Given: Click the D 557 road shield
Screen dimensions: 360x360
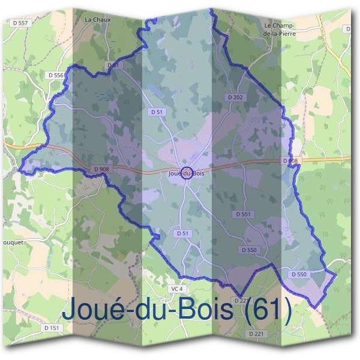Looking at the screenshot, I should tap(20, 23).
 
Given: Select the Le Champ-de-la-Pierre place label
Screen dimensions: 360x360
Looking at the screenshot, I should tap(280, 30).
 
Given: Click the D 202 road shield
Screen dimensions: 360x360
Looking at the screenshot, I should tap(235, 97).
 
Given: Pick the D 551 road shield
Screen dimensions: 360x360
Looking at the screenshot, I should tap(244, 214).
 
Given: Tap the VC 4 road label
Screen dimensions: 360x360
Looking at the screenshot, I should tap(176, 289).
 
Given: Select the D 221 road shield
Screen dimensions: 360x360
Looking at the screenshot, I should tap(256, 333).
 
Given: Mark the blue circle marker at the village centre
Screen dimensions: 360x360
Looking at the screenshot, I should tap(187, 173).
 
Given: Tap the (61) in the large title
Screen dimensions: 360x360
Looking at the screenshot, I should tap(268, 310).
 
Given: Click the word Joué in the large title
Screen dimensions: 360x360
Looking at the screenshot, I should tap(90, 310).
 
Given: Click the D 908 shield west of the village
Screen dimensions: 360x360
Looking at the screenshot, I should tap(101, 170).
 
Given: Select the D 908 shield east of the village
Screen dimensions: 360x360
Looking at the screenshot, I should tap(290, 161).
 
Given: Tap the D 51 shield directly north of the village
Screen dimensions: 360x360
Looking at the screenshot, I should tap(157, 112).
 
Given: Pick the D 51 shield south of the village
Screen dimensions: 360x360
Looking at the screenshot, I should tap(183, 233).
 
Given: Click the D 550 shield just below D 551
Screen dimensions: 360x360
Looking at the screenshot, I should tap(249, 249).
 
